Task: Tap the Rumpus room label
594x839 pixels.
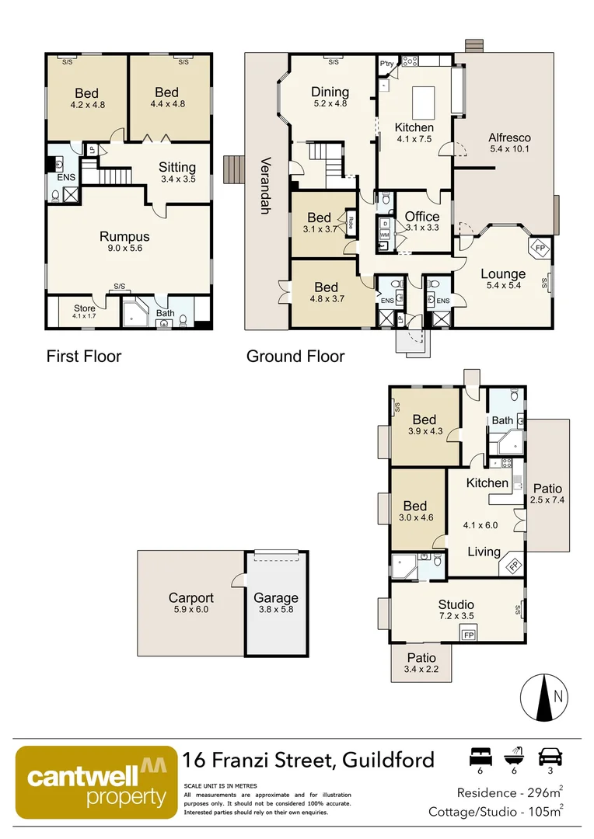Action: coord(124,237)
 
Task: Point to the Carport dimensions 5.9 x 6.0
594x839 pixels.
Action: coord(190,610)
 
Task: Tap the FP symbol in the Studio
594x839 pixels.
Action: coord(469,635)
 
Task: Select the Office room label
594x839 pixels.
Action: coord(422,217)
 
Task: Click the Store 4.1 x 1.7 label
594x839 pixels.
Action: coord(84,312)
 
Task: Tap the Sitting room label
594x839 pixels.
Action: coord(177,167)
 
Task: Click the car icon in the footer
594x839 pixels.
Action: coord(550,756)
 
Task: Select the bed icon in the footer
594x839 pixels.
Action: coord(480,756)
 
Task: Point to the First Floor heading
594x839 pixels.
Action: coord(84,357)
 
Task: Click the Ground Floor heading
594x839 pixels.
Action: coord(295,357)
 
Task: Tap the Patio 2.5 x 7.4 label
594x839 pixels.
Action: coord(547,494)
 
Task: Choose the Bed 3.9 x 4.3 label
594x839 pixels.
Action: coord(425,425)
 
